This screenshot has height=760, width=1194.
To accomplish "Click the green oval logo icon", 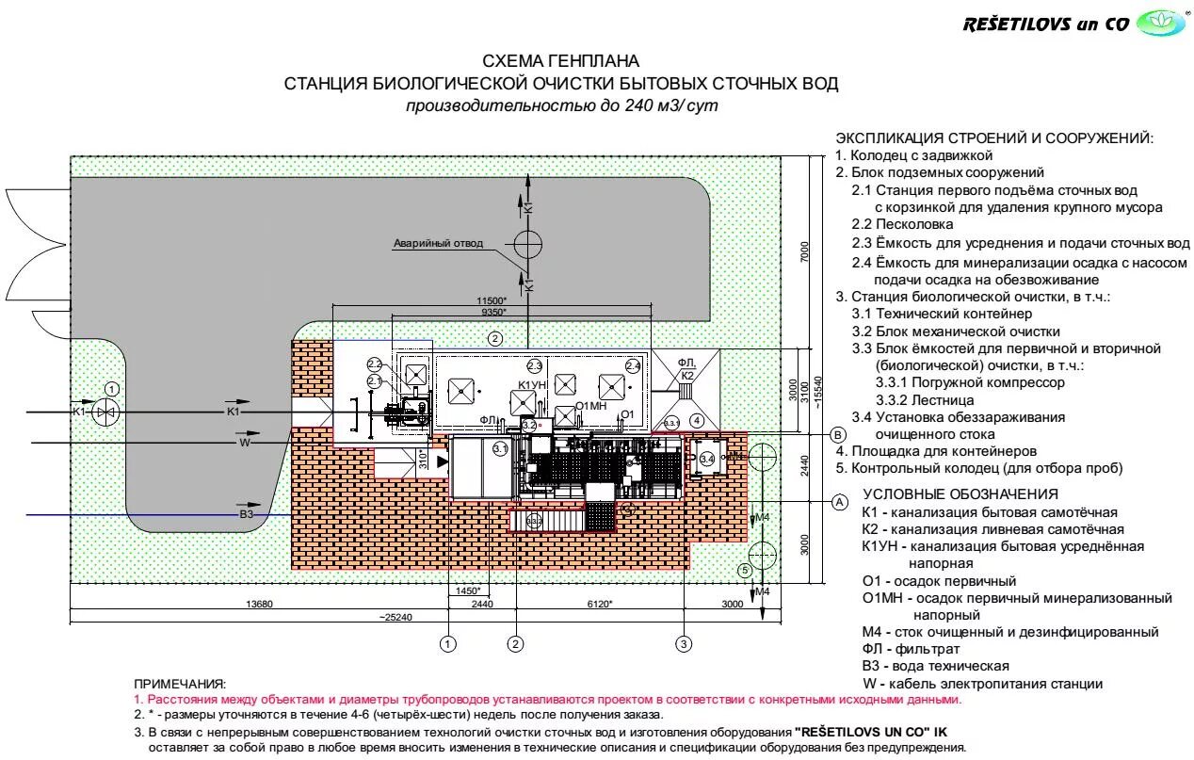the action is pos(1160,23).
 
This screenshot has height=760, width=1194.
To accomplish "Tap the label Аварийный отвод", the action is pos(438,243).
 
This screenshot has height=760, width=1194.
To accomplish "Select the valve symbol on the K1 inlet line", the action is pos(111,412).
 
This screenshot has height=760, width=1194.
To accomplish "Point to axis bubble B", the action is pos(837,434).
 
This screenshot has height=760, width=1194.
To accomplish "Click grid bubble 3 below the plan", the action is pos(684,644).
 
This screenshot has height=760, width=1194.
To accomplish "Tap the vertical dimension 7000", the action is pos(804,252).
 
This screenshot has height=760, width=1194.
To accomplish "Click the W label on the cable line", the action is pos(245,441).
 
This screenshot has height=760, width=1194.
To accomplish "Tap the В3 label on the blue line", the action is pos(247,514).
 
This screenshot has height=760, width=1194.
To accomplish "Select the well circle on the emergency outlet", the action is pos(528,245).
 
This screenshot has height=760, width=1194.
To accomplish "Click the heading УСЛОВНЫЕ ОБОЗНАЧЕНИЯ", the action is pos(960,494).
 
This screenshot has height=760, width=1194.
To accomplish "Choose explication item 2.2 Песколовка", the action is pos(902,224).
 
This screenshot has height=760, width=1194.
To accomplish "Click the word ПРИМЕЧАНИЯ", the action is pos(180,684).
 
